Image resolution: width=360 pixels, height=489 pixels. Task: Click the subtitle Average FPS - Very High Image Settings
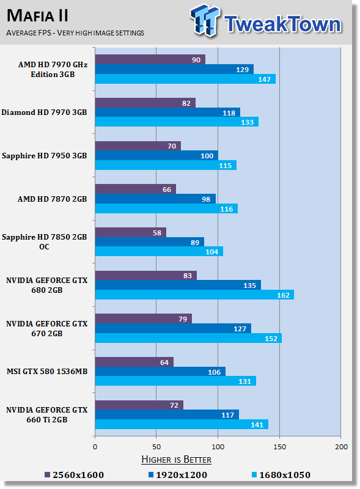point(75,32)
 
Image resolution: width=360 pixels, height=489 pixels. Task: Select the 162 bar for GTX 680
point(194,295)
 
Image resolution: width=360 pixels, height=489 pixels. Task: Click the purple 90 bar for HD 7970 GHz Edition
point(150,59)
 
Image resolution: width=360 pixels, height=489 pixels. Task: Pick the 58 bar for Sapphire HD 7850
point(130,232)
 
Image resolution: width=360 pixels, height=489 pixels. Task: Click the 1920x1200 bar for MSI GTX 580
point(160,372)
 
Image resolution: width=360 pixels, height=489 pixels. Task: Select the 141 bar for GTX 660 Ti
point(181,424)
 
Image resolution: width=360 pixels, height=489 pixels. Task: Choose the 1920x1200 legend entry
point(180,475)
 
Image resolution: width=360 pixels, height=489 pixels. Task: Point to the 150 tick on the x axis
point(279,447)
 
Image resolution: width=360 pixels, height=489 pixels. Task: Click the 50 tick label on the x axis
point(156,447)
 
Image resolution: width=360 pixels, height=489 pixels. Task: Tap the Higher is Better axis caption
point(176,459)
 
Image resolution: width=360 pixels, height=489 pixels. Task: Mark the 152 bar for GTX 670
point(188,338)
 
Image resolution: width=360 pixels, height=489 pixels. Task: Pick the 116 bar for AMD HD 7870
point(166,208)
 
